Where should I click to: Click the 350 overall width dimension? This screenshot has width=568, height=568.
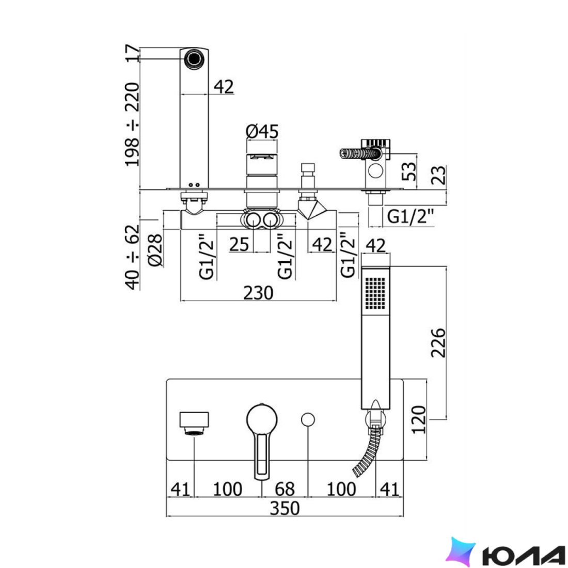285,508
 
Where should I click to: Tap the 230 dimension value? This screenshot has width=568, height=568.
258,293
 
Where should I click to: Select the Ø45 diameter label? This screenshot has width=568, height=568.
262,132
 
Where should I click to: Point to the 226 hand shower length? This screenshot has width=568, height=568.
438,343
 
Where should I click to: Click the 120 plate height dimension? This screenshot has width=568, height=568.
419,419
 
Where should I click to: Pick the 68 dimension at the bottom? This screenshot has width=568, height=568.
285,489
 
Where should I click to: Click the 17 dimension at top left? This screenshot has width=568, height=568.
132,53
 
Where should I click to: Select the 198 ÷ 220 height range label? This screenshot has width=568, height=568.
132,124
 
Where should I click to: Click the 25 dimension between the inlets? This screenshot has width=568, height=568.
239,244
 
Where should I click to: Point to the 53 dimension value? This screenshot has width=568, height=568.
409,171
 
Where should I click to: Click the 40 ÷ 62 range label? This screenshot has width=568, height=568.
132,257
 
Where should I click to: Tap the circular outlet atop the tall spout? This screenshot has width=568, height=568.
195,58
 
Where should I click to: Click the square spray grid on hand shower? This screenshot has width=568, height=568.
375,293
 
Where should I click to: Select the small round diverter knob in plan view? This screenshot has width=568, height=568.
308,419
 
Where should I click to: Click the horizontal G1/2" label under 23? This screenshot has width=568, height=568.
410,217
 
